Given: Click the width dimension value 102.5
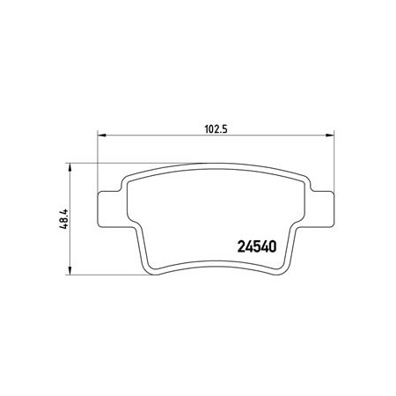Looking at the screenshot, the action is pos(216,129).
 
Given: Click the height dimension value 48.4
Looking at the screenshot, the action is pos(63,218).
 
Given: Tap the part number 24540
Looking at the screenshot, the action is pos(256,246).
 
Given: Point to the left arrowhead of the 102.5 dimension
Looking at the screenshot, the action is pos(101,136).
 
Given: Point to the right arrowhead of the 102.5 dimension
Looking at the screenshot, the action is pos(330,136).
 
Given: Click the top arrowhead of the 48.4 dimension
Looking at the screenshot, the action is pos(70,167).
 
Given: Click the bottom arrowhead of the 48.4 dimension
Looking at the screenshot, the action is pos(70,271).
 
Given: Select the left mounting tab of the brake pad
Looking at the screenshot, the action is pos(109,209).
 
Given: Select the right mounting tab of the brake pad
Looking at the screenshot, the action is pos(322,209).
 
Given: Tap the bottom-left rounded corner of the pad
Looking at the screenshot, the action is pos(150,270).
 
